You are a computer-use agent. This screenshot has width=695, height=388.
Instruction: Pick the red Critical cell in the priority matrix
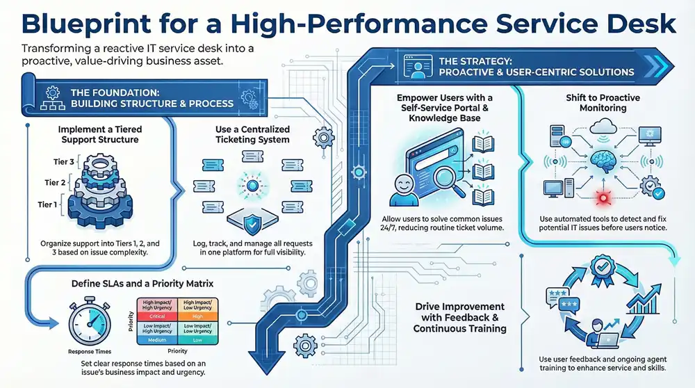(x=157, y=316)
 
